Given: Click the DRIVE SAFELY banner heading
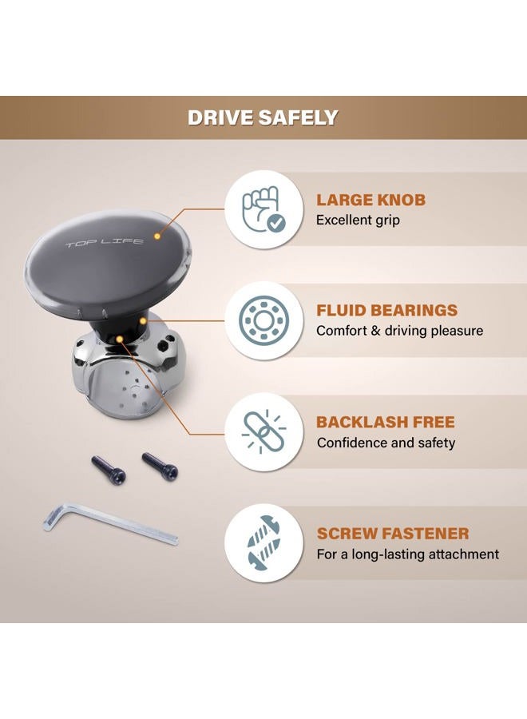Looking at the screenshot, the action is (263, 118).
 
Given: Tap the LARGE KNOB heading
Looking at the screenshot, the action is (370, 200).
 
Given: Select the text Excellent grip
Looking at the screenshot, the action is (358, 220).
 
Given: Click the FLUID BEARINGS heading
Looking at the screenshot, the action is (386, 310).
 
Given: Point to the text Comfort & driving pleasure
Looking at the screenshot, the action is (399, 331).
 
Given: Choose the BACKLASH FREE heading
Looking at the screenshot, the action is (386, 422).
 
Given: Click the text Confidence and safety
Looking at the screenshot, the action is (386, 443).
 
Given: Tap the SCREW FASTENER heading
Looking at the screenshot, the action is (393, 534).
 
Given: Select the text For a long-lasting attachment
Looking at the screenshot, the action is (408, 554).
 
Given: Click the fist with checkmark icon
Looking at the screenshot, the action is (263, 209).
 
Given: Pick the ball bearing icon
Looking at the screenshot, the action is (262, 320).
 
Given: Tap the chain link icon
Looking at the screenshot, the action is (263, 432).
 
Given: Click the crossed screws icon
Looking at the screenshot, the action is (263, 543).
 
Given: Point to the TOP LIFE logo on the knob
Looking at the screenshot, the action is (105, 243).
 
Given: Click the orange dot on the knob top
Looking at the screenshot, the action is (157, 236).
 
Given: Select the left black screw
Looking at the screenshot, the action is (108, 469).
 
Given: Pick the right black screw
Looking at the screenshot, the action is (160, 466).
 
